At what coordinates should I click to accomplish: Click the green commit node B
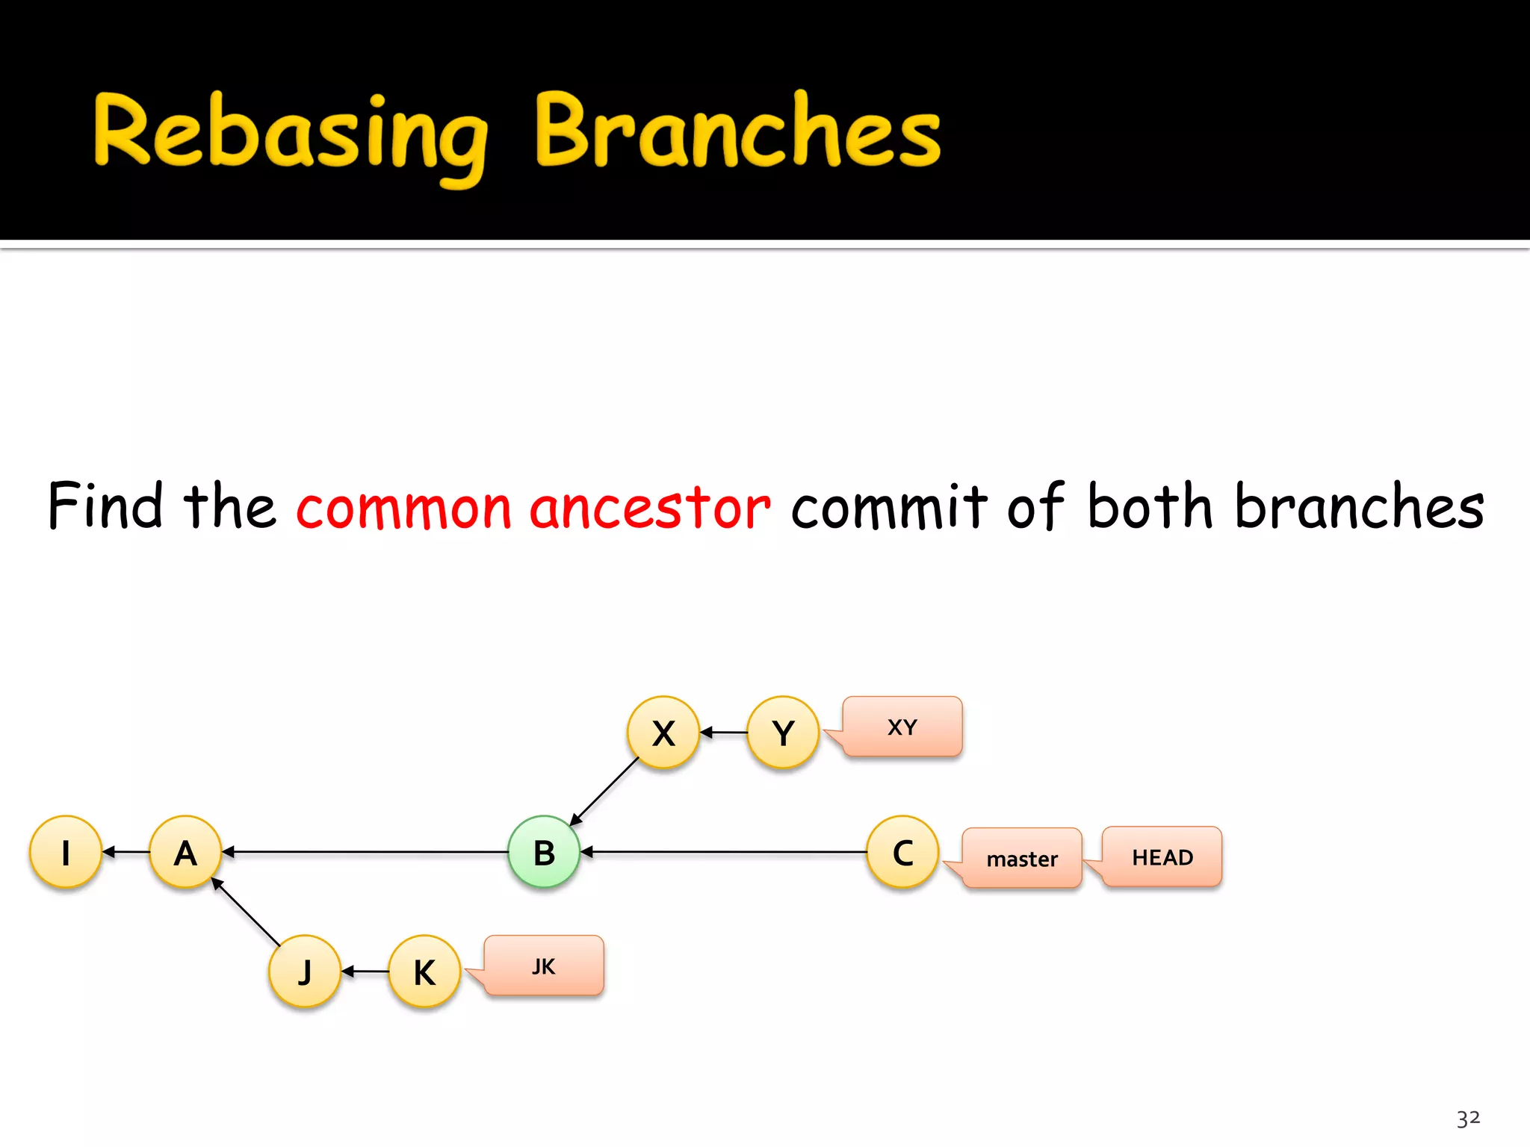pos(544,851)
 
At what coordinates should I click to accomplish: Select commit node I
pos(66,851)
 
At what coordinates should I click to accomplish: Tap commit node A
pos(185,851)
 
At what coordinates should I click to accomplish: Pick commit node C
pos(902,851)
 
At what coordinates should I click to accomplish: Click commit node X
pos(663,732)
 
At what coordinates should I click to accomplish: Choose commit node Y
pos(783,732)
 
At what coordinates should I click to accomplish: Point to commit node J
pos(305,971)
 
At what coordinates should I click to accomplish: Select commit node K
pos(424,971)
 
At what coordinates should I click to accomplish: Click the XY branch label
pos(902,727)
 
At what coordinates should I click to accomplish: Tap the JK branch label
pos(544,966)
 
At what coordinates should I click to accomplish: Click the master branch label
pos(1022,858)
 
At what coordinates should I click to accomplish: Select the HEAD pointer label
pos(1162,857)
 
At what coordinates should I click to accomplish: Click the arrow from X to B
pos(605,792)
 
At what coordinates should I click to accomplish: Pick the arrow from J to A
pos(246,912)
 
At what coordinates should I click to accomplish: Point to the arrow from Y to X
pos(723,733)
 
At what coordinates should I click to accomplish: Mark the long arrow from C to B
pos(723,851)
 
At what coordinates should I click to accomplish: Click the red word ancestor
pos(649,507)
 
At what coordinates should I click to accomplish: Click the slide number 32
pos(1468,1118)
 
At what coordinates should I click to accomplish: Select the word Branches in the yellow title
pos(738,131)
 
